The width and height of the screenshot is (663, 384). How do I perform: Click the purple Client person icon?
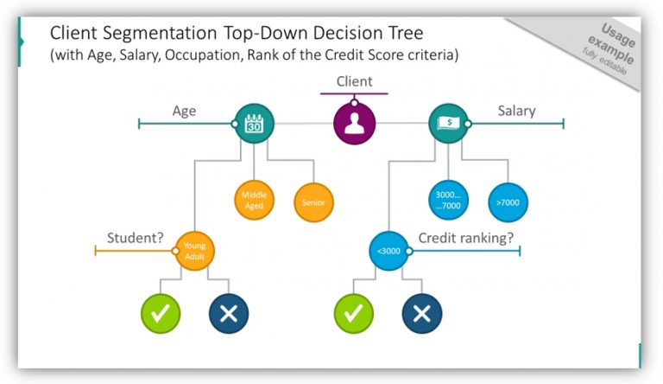(x=354, y=124)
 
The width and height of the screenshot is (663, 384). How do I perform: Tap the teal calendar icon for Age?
(x=254, y=124)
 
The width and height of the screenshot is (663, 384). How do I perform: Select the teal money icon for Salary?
(x=448, y=124)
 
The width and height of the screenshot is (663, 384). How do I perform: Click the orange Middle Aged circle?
(x=254, y=201)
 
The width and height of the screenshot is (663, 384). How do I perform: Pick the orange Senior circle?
(x=313, y=202)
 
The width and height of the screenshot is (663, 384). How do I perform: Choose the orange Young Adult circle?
(x=194, y=252)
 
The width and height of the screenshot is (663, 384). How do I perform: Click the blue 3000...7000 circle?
(x=448, y=202)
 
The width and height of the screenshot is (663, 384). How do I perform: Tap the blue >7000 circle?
(x=508, y=202)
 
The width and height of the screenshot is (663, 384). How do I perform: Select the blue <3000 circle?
(x=388, y=252)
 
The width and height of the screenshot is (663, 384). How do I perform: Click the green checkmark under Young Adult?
(x=161, y=314)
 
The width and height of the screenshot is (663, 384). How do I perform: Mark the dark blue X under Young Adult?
(x=228, y=314)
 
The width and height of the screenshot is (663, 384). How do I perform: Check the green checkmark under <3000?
(x=354, y=314)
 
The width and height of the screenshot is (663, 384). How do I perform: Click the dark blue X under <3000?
(x=422, y=314)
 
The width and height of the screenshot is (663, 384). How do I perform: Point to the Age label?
(x=184, y=111)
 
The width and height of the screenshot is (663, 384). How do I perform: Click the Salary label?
(x=516, y=111)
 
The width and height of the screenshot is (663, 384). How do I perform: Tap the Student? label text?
(x=136, y=238)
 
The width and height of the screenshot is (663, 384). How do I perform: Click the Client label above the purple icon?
(x=354, y=82)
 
